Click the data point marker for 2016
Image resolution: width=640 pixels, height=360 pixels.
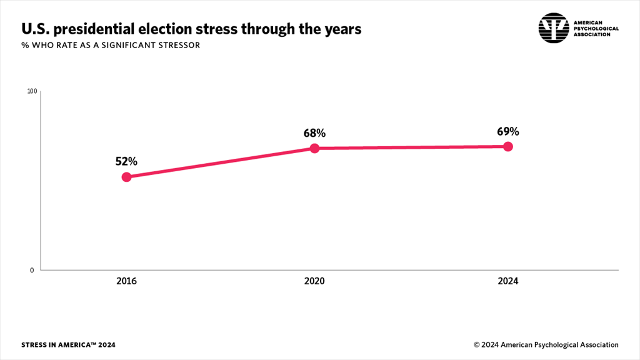coord(126,177)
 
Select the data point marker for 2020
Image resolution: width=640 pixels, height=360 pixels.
coord(314,148)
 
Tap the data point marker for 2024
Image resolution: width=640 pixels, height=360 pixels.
coord(508,146)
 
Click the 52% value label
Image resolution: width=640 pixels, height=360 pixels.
coord(126,161)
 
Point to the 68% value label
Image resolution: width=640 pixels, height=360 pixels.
coord(314,132)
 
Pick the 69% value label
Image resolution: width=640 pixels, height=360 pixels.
coord(508,131)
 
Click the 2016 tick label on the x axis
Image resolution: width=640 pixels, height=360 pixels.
coord(126,281)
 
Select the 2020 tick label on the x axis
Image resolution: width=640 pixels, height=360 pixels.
coord(314,281)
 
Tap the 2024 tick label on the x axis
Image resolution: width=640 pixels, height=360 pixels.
coord(508,281)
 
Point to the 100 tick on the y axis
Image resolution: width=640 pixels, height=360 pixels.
coord(32,92)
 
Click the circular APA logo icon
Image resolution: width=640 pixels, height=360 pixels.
coord(554,28)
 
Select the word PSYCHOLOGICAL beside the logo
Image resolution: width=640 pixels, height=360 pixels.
coord(596,28)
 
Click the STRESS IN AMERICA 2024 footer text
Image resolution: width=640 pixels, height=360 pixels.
coord(68,345)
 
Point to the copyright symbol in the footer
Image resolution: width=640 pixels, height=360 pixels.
coord(476,345)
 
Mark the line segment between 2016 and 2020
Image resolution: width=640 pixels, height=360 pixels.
coord(220,162)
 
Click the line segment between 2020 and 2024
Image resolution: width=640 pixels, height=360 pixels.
coord(411,147)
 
